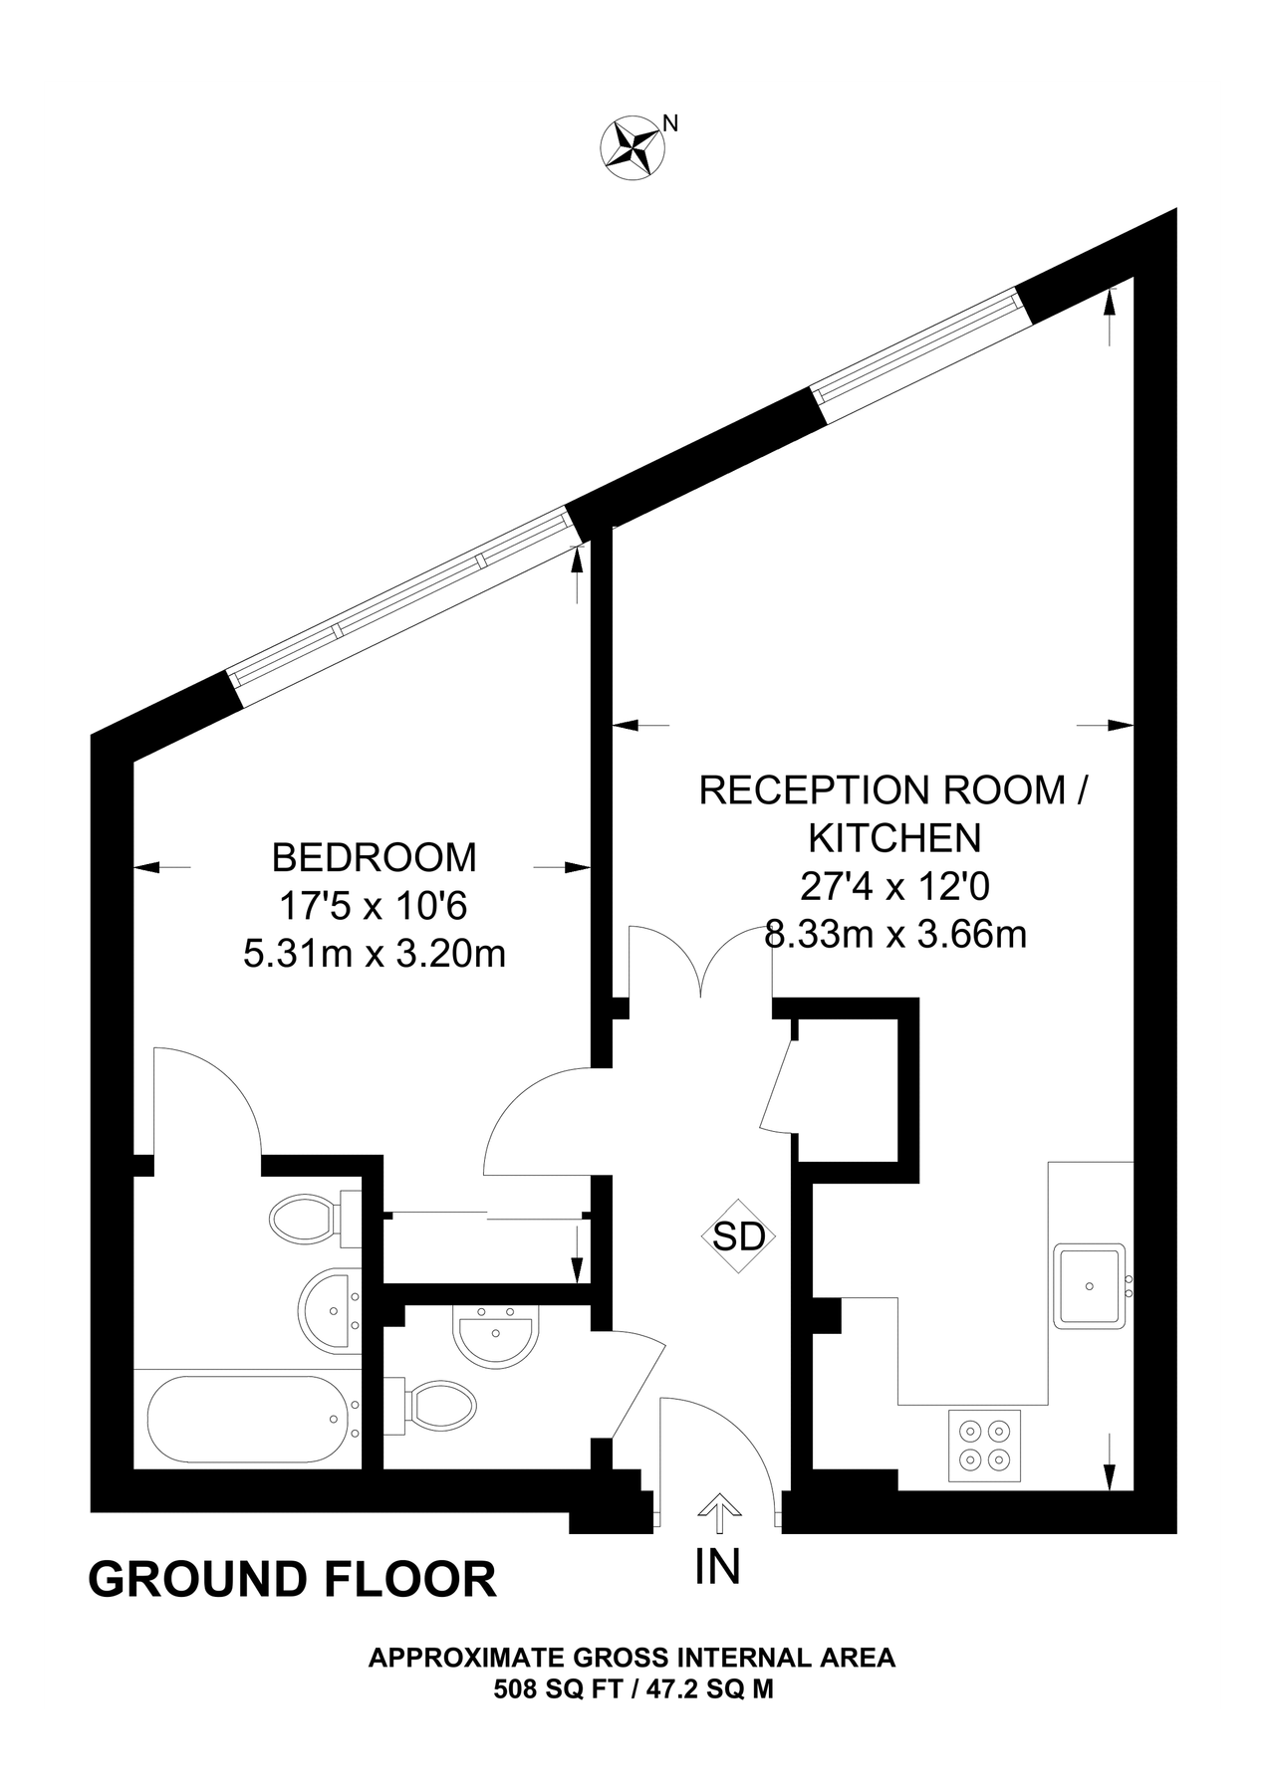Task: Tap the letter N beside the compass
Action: pos(671,123)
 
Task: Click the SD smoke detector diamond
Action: pos(738,1235)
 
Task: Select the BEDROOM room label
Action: pos(374,856)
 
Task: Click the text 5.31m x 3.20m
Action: pos(374,955)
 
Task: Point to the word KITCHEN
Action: pos(893,837)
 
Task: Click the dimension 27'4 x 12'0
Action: pos(893,885)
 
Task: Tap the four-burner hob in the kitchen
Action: pos(984,1446)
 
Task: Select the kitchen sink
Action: pos(1090,1285)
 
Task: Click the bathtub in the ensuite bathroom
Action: pos(247,1419)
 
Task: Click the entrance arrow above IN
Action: pos(717,1512)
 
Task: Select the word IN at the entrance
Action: pos(717,1566)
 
